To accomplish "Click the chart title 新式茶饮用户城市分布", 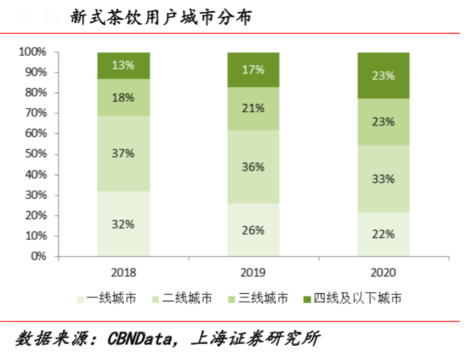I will click(x=161, y=18).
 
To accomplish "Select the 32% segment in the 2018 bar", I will click(x=123, y=224).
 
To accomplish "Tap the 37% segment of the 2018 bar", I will click(x=123, y=153).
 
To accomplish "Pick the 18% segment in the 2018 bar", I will click(x=123, y=98).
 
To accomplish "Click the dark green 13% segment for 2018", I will click(x=123, y=65).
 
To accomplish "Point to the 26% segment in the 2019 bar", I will click(x=253, y=230).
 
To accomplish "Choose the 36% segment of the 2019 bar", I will click(x=253, y=167).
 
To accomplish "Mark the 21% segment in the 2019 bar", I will click(x=253, y=108).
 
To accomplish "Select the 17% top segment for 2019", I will click(x=253, y=70).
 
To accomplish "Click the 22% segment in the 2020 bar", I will click(x=383, y=234).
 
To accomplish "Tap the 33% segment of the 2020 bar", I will click(x=383, y=179).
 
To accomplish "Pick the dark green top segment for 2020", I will click(x=383, y=76).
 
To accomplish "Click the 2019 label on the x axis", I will click(x=253, y=273).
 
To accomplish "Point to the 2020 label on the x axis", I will click(x=383, y=273).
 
